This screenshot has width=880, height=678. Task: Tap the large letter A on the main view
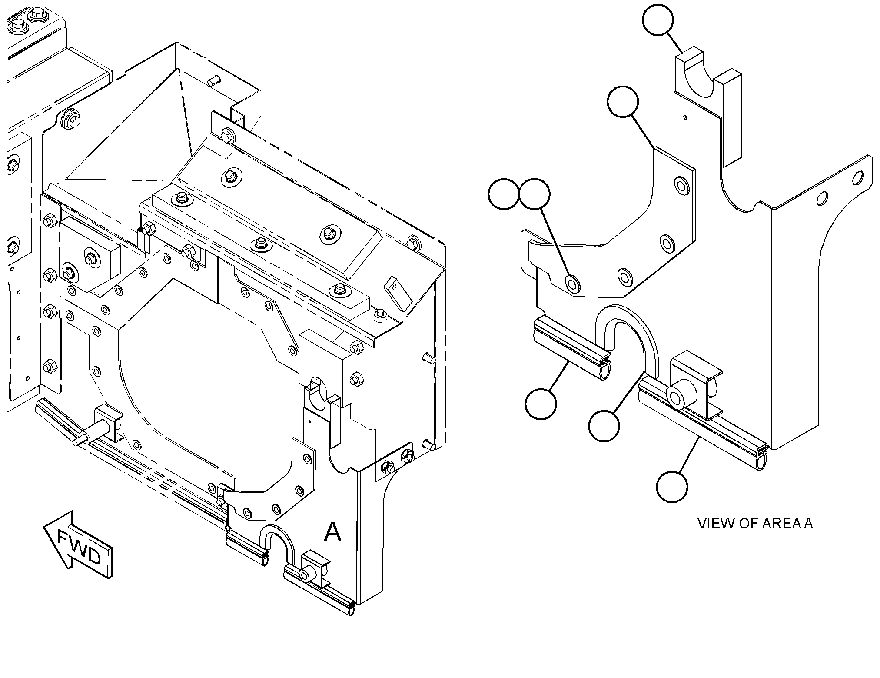(332, 532)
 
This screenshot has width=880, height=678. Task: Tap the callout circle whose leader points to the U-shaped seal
(604, 425)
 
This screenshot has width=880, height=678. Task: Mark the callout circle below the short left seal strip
(541, 404)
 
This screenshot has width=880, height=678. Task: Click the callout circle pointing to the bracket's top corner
(623, 101)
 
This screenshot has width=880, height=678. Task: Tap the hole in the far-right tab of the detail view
(858, 177)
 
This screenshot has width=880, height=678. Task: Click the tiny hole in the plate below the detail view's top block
(685, 117)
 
